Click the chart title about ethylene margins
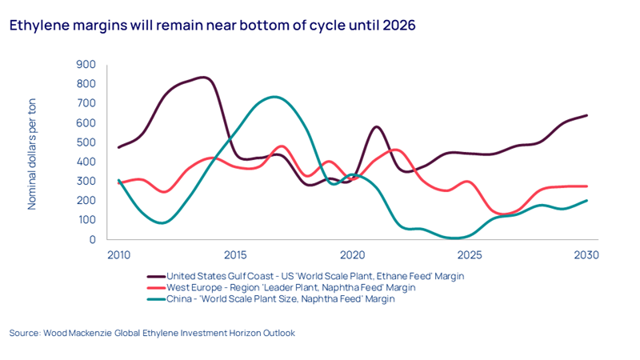[212, 26]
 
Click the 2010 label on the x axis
[118, 255]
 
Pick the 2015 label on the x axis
[235, 255]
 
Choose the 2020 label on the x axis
[353, 255]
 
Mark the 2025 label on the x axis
[470, 255]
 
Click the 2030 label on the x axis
[586, 255]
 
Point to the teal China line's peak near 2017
[274, 97]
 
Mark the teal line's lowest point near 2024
[455, 238]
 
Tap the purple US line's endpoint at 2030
[587, 115]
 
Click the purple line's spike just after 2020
[377, 126]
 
